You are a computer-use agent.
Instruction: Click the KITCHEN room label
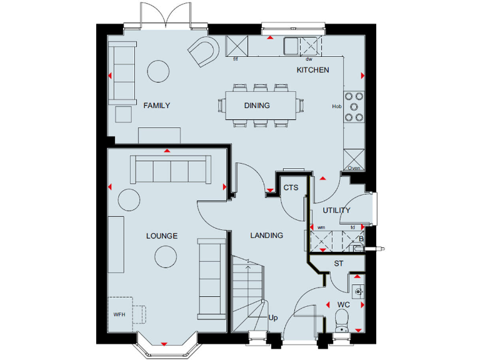tap(312, 70)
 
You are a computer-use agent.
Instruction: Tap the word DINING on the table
tap(257, 106)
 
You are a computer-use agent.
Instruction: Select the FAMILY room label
tap(156, 106)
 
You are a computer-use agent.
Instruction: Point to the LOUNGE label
tap(162, 236)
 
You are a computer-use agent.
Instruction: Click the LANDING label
tap(266, 236)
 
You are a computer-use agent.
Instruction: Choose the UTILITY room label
tap(336, 211)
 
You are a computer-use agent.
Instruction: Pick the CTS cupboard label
tap(291, 187)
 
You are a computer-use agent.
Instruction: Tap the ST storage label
tap(338, 264)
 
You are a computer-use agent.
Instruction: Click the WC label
tap(343, 305)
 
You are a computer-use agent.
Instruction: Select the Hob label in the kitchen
tap(337, 106)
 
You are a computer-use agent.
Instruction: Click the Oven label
tap(354, 168)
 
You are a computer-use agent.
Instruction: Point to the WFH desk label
tap(119, 314)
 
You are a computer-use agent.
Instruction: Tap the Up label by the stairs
tap(272, 318)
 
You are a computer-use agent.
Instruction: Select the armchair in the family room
tap(204, 52)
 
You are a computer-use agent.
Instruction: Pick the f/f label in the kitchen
tap(236, 60)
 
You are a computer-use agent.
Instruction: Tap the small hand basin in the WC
tap(359, 291)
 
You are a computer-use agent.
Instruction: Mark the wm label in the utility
tap(321, 227)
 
